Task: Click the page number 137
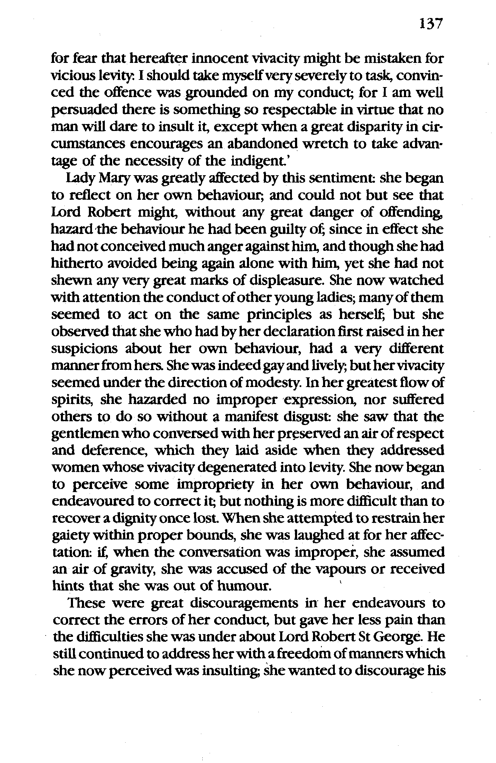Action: click(431, 25)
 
